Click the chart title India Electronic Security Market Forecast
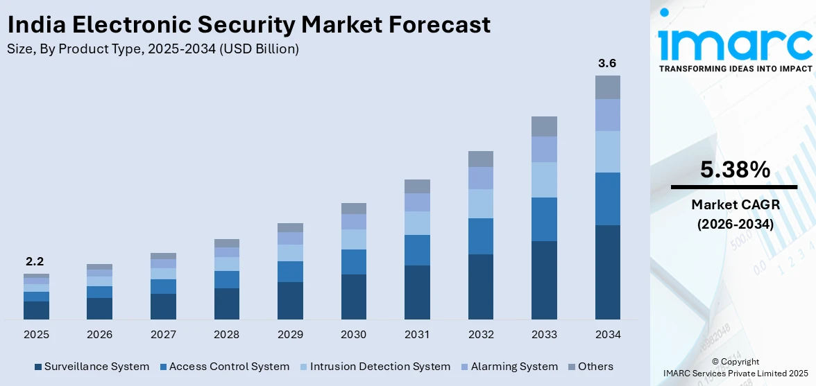pos(248,25)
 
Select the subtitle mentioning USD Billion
pos(153,49)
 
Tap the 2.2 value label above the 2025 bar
pos(36,262)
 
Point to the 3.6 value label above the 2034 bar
pos(607,63)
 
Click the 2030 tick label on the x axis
pos(353,335)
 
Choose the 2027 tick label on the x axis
pos(163,335)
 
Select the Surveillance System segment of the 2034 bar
pos(607,272)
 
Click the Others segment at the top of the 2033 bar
pos(544,126)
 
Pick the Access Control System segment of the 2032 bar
pos(480,236)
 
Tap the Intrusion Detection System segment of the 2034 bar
pos(607,152)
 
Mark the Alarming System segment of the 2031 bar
pos(417,202)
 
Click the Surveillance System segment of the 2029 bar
pos(290,300)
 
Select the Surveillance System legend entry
pos(92,367)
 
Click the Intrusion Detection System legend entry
pos(375,367)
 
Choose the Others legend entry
pos(590,367)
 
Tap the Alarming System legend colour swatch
pos(464,367)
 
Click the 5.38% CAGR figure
pos(735,170)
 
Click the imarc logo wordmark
pos(735,43)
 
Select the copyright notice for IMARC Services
pos(735,368)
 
